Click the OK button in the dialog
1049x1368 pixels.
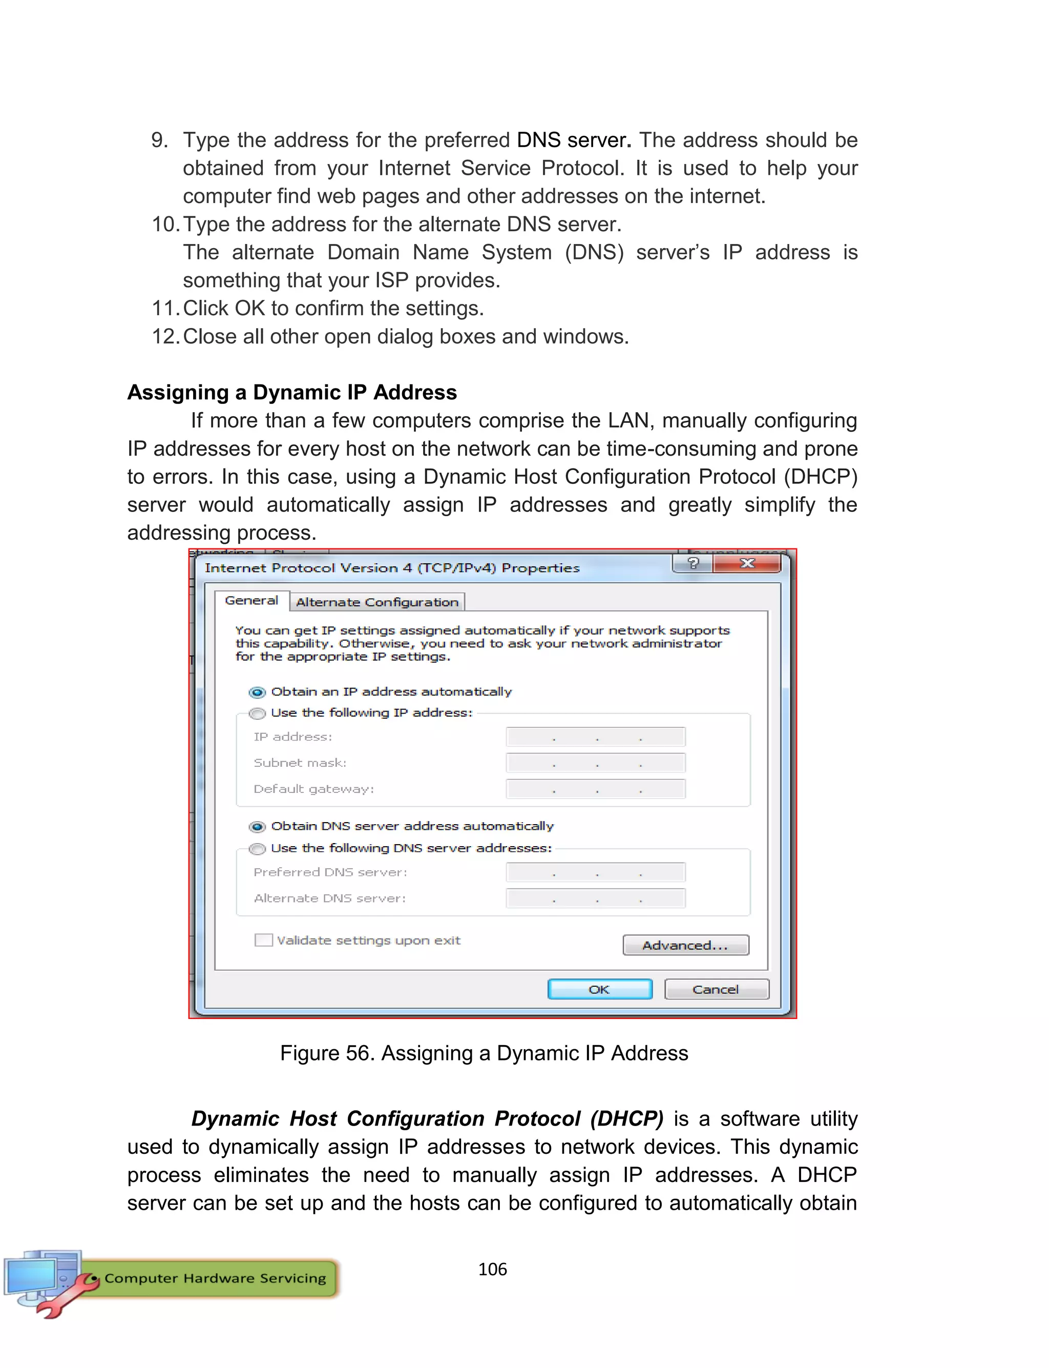599,989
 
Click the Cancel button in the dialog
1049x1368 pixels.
716,989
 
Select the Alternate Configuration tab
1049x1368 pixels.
377,602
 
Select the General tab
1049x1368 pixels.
251,600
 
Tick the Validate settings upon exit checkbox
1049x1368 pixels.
263,940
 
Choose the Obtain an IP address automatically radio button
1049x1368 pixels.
257,692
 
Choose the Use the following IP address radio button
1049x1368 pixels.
257,713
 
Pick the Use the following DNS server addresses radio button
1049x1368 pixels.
257,849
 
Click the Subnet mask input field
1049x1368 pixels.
596,763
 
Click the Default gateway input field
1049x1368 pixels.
596,789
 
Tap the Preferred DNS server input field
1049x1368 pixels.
596,872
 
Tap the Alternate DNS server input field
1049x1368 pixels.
596,899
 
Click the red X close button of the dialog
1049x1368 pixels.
747,563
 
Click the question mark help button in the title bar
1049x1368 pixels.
693,563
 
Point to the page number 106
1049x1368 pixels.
492,1269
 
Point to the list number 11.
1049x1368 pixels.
165,309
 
